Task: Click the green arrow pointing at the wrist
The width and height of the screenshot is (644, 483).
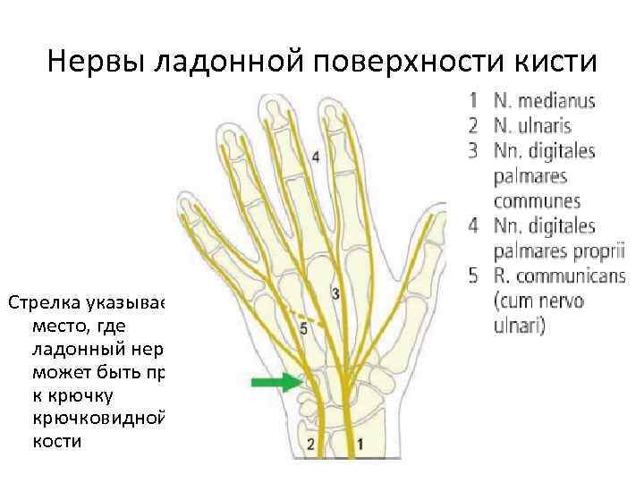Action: tap(275, 385)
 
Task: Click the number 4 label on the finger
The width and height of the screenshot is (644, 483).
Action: tap(316, 157)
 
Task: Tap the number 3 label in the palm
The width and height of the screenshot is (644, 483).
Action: tap(335, 293)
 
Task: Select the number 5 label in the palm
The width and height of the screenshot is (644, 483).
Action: tap(303, 329)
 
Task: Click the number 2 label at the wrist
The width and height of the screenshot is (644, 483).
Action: tap(310, 444)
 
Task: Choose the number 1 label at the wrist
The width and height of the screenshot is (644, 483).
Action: tap(360, 444)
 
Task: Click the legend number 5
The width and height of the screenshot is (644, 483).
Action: tap(475, 275)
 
